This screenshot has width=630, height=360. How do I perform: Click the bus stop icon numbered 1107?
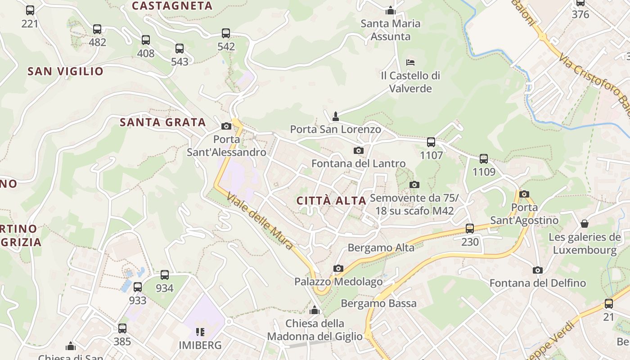431,142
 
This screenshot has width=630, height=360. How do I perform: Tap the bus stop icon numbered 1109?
484,158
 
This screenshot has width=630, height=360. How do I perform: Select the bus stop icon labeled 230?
470,229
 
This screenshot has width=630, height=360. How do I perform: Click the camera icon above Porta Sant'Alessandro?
226,126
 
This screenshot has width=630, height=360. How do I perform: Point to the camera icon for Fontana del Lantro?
359,150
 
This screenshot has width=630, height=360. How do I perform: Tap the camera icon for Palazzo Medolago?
338,269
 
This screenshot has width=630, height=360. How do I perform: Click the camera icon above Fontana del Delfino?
537,270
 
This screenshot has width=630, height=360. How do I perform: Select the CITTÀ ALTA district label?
332,201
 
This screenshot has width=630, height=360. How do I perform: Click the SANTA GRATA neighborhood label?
162,122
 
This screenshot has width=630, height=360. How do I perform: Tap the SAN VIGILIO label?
66,71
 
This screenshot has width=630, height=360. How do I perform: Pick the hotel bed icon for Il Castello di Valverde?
410,62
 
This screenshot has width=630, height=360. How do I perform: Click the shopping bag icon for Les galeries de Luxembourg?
585,223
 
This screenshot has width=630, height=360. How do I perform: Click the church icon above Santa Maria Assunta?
391,10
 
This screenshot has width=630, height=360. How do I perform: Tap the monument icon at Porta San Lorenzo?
335,117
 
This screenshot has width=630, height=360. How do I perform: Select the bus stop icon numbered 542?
226,33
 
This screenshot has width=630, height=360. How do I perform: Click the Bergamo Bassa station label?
378,303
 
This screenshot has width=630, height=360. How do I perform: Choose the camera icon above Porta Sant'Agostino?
524,194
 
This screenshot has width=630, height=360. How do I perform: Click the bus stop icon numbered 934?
165,275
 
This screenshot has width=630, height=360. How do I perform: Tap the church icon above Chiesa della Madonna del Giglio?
315,310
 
